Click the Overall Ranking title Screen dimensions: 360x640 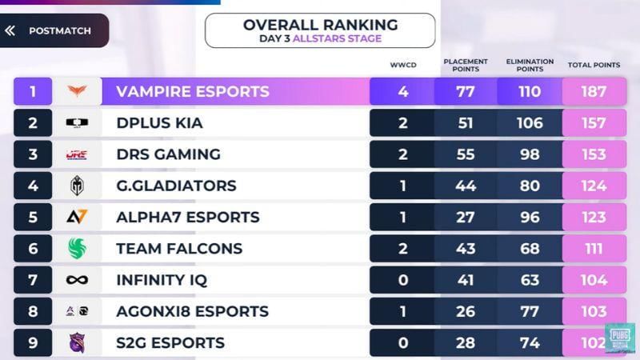(x=320, y=25)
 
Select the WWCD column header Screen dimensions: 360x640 (x=402, y=65)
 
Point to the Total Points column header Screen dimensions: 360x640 (x=594, y=65)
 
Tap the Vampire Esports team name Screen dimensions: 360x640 (x=192, y=91)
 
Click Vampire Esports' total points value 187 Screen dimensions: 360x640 (x=594, y=91)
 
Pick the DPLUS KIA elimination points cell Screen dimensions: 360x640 (x=530, y=123)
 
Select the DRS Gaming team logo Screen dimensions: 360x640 (x=77, y=154)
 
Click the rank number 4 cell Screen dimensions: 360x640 (x=33, y=186)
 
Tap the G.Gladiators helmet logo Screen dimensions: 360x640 (x=77, y=186)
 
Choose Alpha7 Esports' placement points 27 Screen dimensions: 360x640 (x=466, y=217)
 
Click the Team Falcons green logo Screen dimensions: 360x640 (x=77, y=248)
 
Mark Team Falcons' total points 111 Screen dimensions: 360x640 (x=594, y=248)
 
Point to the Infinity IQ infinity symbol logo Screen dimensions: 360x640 (x=77, y=280)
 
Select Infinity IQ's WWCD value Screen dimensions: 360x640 (x=402, y=280)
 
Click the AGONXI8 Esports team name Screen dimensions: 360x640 (x=192, y=311)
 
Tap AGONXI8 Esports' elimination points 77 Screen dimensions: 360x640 (x=530, y=311)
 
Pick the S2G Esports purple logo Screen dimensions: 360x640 (x=77, y=342)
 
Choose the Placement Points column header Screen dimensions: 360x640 (x=466, y=65)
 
